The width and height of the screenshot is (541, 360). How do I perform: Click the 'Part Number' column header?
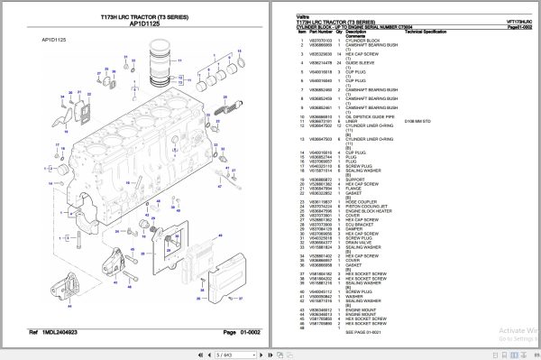coord(321,32)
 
